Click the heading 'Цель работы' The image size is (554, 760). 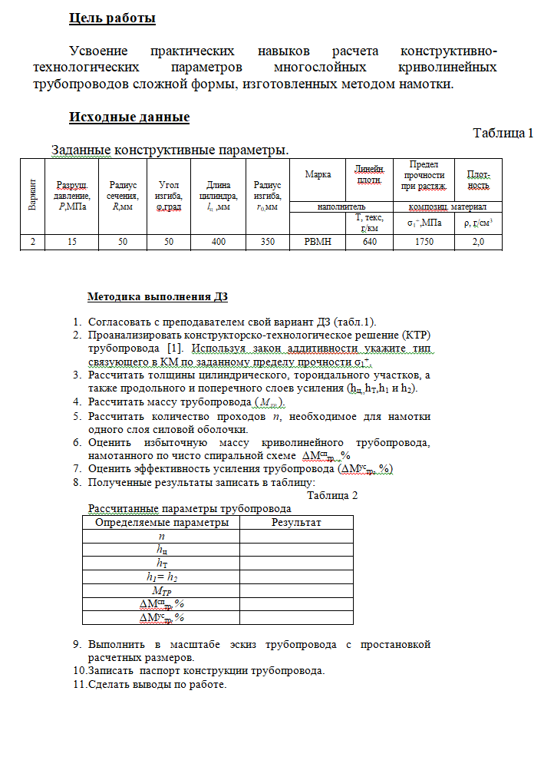pyautogui.click(x=112, y=17)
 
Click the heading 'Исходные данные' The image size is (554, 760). pyautogui.click(x=129, y=117)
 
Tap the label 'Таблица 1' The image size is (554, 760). pyautogui.click(x=503, y=133)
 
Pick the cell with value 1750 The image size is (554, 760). pyautogui.click(x=424, y=242)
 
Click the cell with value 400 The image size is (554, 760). pyautogui.click(x=219, y=242)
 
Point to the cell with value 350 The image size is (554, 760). pyautogui.click(x=267, y=242)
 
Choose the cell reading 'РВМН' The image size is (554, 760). pyautogui.click(x=318, y=242)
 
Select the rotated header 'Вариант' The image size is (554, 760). pyautogui.click(x=33, y=195)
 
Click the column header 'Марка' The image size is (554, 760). pyautogui.click(x=318, y=174)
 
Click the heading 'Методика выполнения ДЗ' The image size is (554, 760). pyautogui.click(x=157, y=296)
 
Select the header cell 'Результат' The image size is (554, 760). pyautogui.click(x=296, y=523)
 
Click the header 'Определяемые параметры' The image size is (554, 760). pyautogui.click(x=161, y=523)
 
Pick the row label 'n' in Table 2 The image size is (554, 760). pyautogui.click(x=161, y=537)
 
